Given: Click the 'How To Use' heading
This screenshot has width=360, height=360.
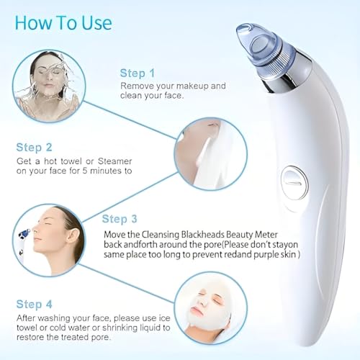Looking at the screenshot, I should (x=63, y=22).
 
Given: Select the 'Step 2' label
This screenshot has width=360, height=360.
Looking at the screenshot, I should (x=34, y=147).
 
